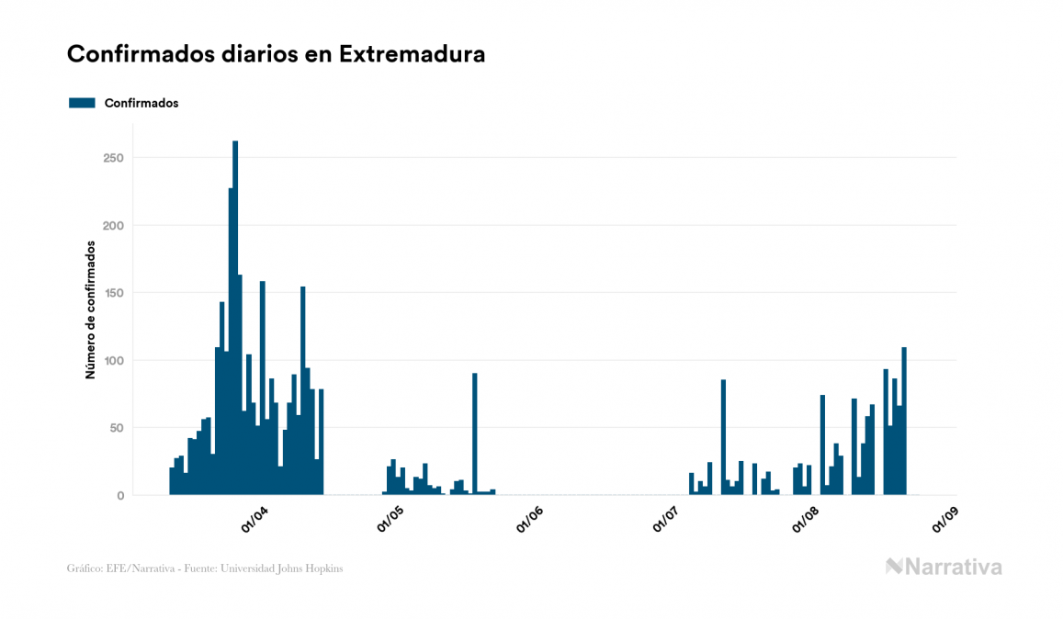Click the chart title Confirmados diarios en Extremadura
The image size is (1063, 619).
(276, 54)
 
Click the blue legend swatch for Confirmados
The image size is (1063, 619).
(82, 103)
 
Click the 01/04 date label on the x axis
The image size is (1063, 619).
(254, 520)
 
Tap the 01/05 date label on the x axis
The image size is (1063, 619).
(390, 520)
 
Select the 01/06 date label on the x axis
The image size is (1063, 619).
(531, 520)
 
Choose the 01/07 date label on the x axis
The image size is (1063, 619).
(667, 520)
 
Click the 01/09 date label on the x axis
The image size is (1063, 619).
(945, 520)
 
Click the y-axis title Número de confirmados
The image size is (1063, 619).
(90, 309)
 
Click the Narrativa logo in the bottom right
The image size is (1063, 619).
(944, 567)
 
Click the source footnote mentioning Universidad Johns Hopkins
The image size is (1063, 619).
(205, 568)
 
